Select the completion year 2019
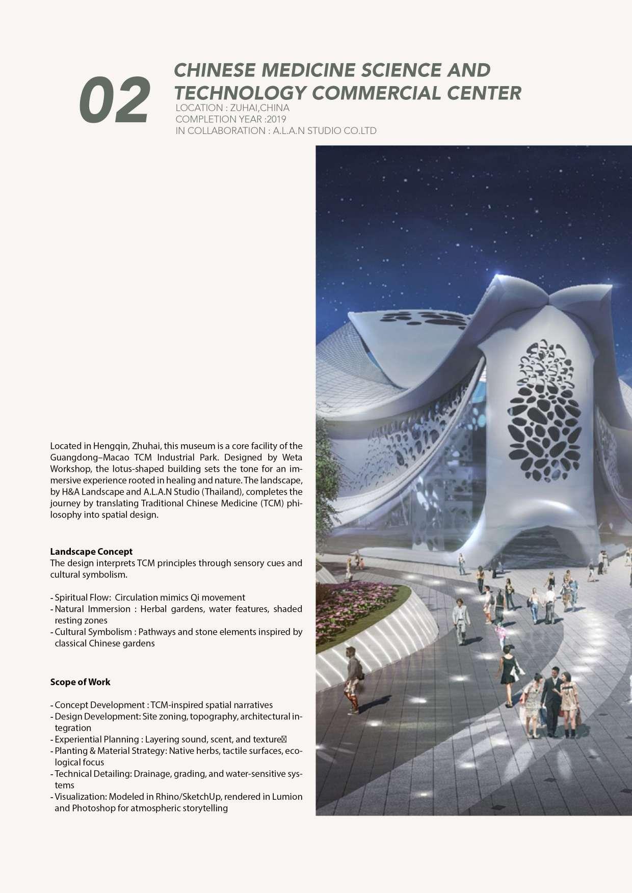(x=276, y=119)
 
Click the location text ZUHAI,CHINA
(x=259, y=108)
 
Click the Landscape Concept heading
(x=91, y=551)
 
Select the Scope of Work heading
(x=80, y=682)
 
